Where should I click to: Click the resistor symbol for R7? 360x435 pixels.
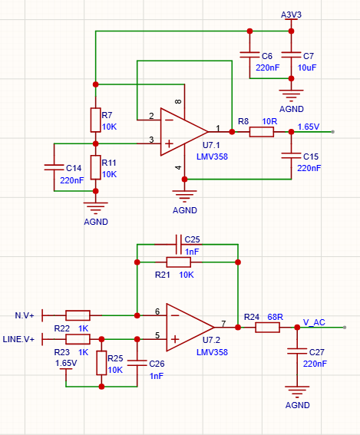click(95, 120)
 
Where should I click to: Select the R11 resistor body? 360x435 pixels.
click(95, 167)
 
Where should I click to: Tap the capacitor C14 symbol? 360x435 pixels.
click(54, 167)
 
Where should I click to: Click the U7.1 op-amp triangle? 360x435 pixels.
click(184, 132)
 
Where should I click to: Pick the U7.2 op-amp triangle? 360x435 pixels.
click(190, 328)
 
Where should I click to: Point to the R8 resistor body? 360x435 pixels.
click(262, 132)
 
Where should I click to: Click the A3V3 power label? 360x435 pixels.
click(291, 15)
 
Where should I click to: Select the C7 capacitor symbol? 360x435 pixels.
click(291, 55)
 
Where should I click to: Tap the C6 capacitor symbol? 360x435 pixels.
click(249, 55)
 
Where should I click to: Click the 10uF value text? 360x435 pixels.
click(307, 68)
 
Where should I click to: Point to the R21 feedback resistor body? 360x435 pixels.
click(179, 262)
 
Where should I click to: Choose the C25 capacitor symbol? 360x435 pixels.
click(179, 245)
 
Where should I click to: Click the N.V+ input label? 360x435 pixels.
click(25, 315)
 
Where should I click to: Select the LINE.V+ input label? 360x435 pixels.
click(18, 339)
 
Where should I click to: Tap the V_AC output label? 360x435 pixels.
click(314, 322)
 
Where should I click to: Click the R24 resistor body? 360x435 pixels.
click(267, 328)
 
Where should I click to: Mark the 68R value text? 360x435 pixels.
click(276, 317)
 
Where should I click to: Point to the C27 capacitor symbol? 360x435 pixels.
click(297, 351)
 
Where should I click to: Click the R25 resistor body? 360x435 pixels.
click(101, 363)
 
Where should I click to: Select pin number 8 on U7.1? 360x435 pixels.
click(178, 101)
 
